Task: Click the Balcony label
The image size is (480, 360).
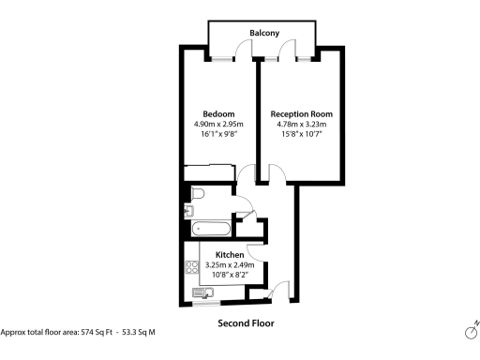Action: pos(264,34)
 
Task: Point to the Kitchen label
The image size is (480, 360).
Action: pos(230,255)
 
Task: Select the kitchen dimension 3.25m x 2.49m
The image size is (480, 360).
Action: pos(230,265)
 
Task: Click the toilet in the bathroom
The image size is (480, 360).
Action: pos(195,194)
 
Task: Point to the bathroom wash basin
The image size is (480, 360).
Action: pos(189,212)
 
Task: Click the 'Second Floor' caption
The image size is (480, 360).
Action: pos(246,323)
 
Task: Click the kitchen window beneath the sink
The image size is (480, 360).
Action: pos(203,303)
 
